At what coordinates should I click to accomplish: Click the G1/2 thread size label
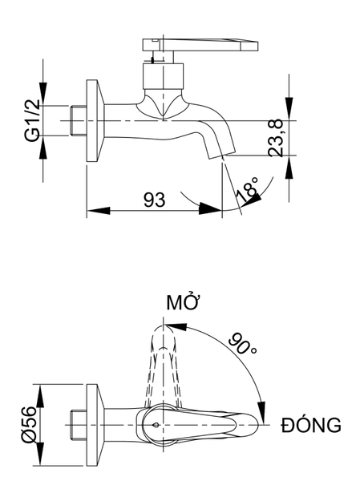tap(32, 120)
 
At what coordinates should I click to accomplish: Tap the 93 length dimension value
tap(155, 200)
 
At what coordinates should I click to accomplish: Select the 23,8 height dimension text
tap(275, 138)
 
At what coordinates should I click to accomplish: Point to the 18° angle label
tap(248, 190)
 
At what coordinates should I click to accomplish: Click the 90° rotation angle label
tap(242, 343)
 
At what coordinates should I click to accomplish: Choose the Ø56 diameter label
tap(30, 425)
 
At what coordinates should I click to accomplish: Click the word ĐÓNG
tap(311, 425)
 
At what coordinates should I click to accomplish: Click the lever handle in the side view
tap(200, 44)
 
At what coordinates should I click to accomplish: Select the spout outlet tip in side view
tap(223, 154)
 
